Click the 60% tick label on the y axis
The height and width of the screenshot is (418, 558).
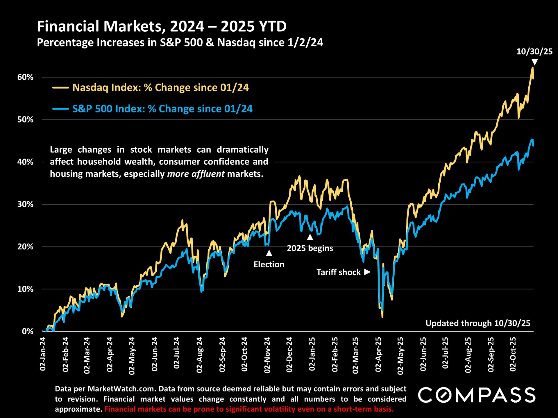pos(26,77)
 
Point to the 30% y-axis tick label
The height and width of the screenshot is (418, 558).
pos(26,204)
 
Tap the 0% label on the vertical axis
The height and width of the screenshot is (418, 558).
pos(28,331)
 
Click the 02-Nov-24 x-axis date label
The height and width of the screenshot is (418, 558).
pos(267,355)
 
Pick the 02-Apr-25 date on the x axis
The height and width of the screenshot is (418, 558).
pos(378,355)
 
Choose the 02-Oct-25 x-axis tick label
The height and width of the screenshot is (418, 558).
pos(513,354)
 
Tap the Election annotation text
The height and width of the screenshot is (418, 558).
pos(269,264)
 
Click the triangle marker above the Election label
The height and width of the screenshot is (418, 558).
pos(269,253)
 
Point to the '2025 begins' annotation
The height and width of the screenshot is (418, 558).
pos(310,248)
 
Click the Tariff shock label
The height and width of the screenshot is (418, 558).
pos(339,272)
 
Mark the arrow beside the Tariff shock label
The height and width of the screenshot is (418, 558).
pos(367,272)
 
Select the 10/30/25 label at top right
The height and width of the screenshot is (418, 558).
pos(534,52)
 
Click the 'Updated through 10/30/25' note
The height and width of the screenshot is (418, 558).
pos(478,323)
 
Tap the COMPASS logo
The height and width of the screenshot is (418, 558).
pos(477,395)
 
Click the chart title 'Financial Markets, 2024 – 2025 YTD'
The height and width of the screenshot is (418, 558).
pos(162,26)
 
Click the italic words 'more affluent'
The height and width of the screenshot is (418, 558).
pos(196,174)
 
